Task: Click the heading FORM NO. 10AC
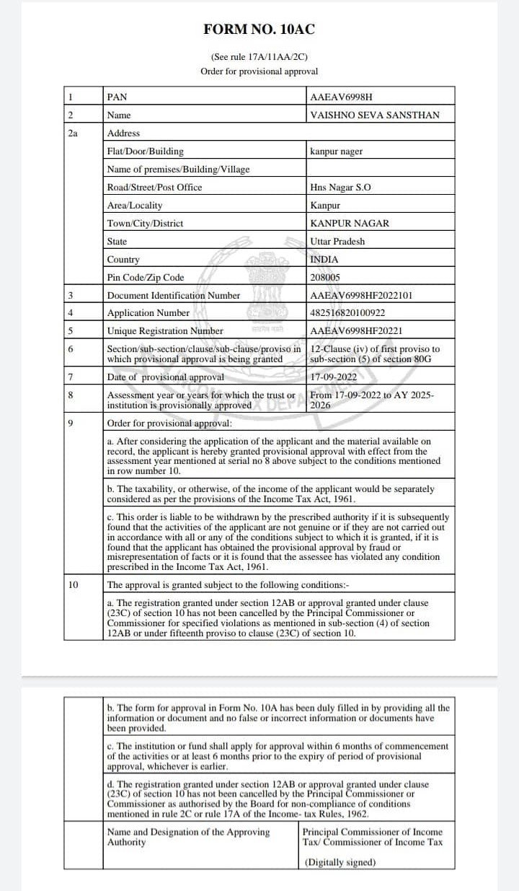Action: point(259,30)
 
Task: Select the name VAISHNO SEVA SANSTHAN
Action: point(374,115)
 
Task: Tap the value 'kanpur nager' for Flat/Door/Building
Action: point(336,151)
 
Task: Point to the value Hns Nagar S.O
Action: point(340,187)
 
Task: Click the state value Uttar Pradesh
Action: point(337,241)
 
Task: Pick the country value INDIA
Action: point(324,259)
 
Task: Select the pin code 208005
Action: point(325,277)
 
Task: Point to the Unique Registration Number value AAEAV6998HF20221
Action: point(356,331)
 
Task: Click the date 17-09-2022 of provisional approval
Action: point(334,377)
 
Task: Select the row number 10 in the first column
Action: point(73,584)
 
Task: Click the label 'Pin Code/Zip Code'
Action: point(146,277)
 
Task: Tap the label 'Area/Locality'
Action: point(135,205)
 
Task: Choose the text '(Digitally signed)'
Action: point(340,862)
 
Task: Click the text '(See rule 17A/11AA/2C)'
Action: point(259,56)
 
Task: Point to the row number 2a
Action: point(73,133)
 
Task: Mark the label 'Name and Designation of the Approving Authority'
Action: point(189,837)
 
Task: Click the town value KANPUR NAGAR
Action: point(349,223)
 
